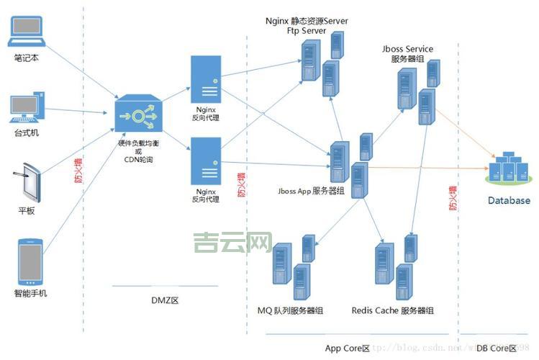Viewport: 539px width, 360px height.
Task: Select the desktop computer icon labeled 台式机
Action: coord(28,106)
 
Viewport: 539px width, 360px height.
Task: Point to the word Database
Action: coord(508,201)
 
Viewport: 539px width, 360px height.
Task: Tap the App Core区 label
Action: coord(347,348)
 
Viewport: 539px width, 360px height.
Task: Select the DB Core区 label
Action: coord(496,348)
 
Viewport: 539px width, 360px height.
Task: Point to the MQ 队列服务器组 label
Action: coord(290,310)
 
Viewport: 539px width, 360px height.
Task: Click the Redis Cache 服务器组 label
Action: coord(392,310)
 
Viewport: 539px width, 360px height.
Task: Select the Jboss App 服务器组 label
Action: coord(310,190)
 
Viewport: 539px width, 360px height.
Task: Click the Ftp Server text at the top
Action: coord(306,31)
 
